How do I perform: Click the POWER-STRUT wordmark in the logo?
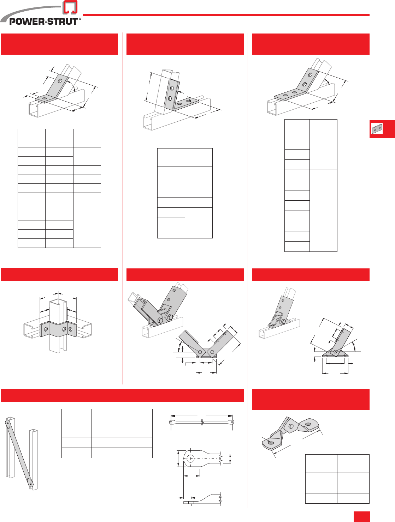pos(43,22)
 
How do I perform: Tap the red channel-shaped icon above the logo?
pos(70,8)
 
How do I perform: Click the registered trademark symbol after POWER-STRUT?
pos(80,19)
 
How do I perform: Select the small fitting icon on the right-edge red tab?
pos(377,129)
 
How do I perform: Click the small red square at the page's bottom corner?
pos(361,516)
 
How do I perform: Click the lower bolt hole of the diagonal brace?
pos(31,484)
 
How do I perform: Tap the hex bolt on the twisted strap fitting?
pos(291,426)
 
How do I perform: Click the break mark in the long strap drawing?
pos(202,422)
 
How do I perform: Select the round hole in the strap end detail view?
pos(190,459)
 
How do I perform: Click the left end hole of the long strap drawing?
pos(172,422)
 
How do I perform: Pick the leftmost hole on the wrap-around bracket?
pos(46,329)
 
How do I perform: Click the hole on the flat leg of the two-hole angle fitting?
pos(44,98)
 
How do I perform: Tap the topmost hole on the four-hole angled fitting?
pos(310,75)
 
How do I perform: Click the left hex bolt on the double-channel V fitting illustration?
pos(160,321)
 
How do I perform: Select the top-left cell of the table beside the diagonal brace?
pos(76,418)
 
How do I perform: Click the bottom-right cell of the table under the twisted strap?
pos(353,498)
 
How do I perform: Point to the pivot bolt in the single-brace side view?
pos(335,351)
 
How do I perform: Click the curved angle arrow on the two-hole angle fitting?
pos(72,84)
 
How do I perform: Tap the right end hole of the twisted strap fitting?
pos(308,424)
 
